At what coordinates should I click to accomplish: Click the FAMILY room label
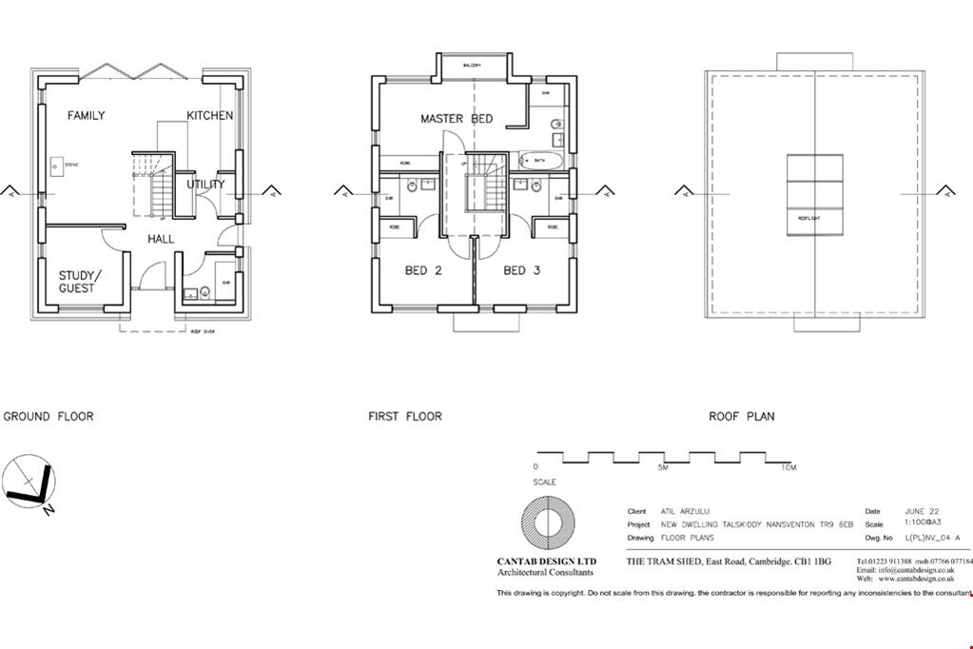coord(86,116)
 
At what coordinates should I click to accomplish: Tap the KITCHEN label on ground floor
coord(209,116)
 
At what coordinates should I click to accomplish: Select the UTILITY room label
coord(205,185)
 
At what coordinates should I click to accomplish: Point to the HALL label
coord(161,239)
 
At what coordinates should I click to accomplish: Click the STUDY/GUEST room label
coord(78,282)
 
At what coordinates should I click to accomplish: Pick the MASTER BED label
coord(457,119)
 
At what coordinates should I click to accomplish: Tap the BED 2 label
coord(423,270)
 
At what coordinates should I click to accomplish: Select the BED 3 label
coord(521,270)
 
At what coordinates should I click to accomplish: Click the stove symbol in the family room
coord(57,166)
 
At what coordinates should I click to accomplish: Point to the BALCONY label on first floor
coord(472,66)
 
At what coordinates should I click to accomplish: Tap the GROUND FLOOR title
coord(49,416)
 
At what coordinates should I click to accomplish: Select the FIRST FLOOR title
coord(404,416)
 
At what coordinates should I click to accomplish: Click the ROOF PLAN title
coord(741,416)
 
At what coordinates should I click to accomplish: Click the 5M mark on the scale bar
coord(663,467)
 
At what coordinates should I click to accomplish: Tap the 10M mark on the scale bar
coord(788,467)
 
